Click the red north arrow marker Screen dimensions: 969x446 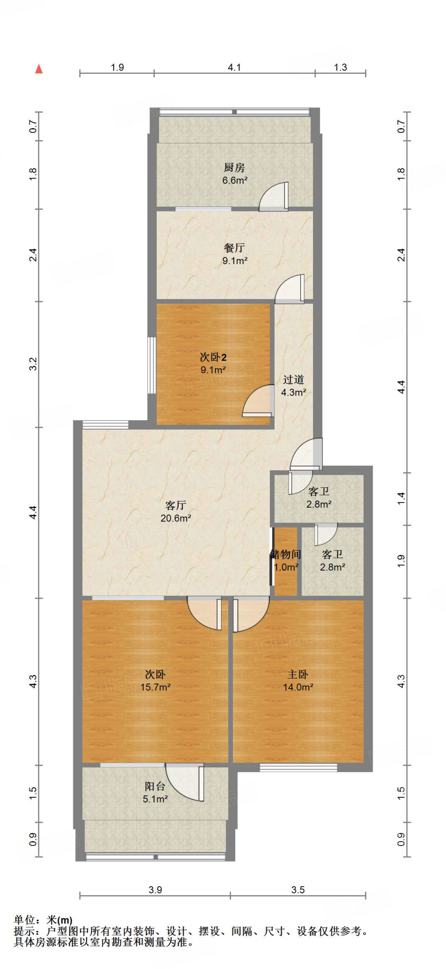(x=39, y=69)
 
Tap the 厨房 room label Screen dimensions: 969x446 (x=234, y=167)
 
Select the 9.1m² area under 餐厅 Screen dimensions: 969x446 (x=235, y=261)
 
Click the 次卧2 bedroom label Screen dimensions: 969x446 (x=213, y=357)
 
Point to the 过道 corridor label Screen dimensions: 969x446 (x=294, y=379)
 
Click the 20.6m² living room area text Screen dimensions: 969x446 (x=176, y=518)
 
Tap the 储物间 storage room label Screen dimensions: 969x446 (x=285, y=554)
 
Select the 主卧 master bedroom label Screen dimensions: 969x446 (x=298, y=674)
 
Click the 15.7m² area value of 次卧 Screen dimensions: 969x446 (x=155, y=687)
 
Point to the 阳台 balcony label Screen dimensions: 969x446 (x=155, y=786)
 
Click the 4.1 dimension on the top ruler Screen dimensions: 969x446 (x=234, y=67)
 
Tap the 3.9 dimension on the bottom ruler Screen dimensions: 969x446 (x=155, y=890)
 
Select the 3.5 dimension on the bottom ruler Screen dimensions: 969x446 (x=298, y=890)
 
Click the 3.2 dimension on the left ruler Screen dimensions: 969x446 (x=33, y=364)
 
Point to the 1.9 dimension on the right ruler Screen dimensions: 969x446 (x=401, y=561)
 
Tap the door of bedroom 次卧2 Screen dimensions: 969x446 (x=258, y=402)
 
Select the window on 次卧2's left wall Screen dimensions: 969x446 (x=152, y=365)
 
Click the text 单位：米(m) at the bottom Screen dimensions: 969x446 (x=43, y=920)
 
